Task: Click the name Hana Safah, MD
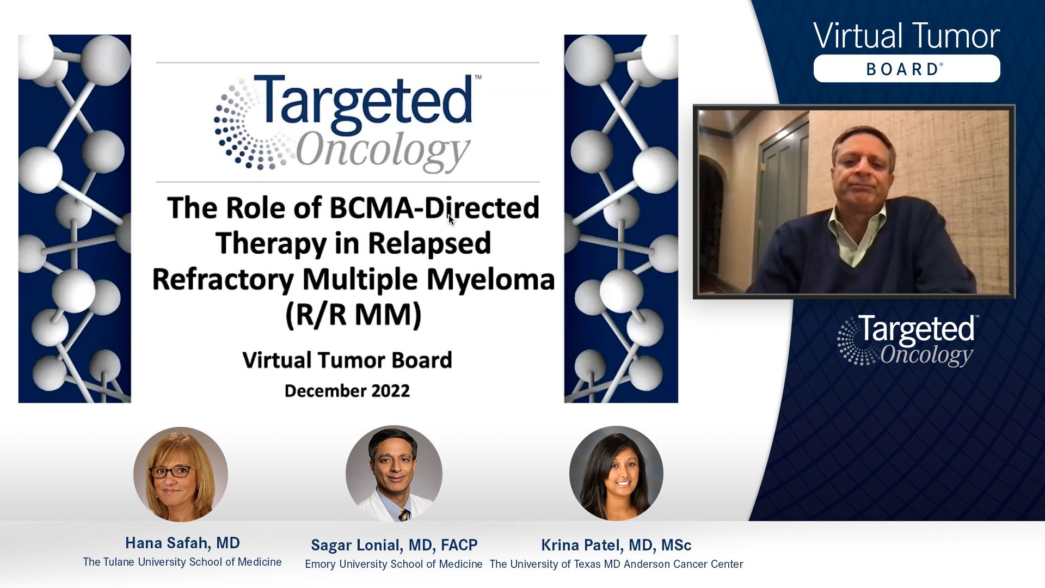click(x=182, y=543)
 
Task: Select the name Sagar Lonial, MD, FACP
click(x=394, y=545)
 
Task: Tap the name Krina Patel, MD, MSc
click(x=616, y=545)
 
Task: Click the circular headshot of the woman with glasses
click(x=181, y=474)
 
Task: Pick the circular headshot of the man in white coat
click(x=394, y=474)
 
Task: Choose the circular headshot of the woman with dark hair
click(x=616, y=474)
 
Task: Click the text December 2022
click(x=347, y=391)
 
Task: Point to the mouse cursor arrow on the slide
click(x=451, y=219)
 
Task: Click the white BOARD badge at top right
click(x=907, y=69)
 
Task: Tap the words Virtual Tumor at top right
click(x=906, y=36)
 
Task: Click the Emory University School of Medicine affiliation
click(x=394, y=564)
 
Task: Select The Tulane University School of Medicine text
click(x=182, y=562)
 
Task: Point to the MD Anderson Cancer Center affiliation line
click(x=616, y=564)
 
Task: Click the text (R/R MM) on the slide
click(x=354, y=315)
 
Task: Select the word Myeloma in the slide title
click(x=490, y=280)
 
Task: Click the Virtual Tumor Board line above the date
click(x=347, y=360)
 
